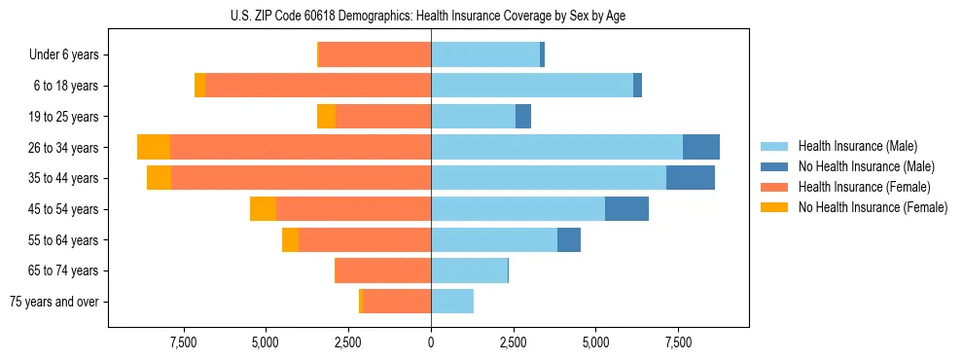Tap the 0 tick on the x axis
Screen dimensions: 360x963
(x=431, y=342)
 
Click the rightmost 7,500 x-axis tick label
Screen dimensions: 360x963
(x=678, y=342)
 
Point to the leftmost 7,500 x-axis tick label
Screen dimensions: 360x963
(x=184, y=342)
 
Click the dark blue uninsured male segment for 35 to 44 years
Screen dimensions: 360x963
(x=691, y=178)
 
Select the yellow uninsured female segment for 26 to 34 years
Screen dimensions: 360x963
(x=154, y=147)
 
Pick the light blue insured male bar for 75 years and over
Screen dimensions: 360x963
(x=452, y=302)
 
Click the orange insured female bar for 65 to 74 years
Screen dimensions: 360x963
(x=382, y=270)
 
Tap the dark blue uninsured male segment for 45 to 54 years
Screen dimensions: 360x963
(x=626, y=209)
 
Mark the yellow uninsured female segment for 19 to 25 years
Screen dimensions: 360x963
(x=326, y=117)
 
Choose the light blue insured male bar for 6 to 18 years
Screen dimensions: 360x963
(x=532, y=86)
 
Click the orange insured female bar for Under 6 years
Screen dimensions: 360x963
(x=374, y=54)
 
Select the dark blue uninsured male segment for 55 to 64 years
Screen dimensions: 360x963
(x=569, y=240)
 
